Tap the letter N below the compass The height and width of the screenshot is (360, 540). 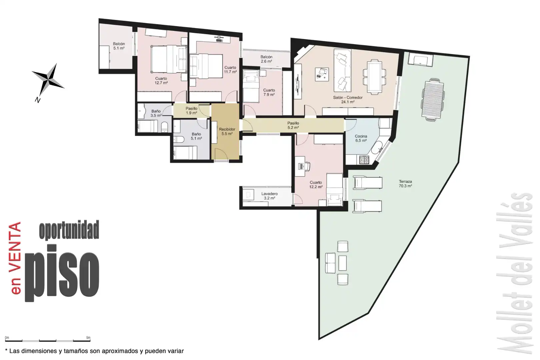[37, 100]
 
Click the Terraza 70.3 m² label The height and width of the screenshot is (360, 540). [405, 184]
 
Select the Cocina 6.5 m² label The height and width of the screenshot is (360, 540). [361, 138]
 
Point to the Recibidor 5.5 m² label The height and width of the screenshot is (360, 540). [227, 131]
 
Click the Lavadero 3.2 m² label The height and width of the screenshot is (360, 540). [270, 196]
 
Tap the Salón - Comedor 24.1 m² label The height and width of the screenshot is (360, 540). [348, 100]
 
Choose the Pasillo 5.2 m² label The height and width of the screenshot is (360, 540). [293, 125]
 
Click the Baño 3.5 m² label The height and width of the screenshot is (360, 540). [156, 113]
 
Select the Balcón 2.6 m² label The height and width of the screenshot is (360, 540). [266, 59]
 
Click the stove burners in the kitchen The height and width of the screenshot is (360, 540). [364, 160]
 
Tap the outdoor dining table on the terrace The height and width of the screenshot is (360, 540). [433, 99]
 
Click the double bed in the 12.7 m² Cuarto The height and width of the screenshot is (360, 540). [169, 59]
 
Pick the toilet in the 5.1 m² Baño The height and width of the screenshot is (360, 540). [179, 139]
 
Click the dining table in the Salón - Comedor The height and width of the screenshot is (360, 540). [375, 77]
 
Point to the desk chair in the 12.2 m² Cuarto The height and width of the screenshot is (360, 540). [306, 166]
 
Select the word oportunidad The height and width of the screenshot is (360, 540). [69, 230]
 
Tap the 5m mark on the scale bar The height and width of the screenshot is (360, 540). [88, 338]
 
